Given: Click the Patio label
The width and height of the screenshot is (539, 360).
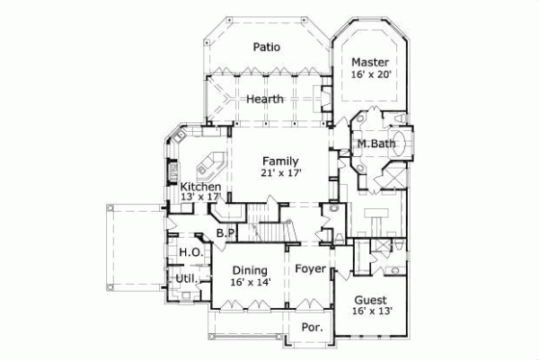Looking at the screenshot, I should (266, 47).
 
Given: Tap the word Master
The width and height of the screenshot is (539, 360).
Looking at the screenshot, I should (370, 62).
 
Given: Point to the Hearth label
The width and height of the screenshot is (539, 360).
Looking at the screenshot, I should (266, 99).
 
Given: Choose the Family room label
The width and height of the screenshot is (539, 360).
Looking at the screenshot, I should (280, 160).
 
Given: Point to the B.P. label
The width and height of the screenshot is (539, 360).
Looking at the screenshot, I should (225, 233).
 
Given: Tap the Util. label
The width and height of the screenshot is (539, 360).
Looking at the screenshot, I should (186, 279).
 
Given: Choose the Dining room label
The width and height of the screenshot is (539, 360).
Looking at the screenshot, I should (251, 269).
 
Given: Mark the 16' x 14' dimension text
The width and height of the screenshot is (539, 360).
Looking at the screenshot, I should (251, 282).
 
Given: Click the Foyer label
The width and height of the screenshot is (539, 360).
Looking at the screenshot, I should (309, 268).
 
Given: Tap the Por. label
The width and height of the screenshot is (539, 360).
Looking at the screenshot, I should (312, 328).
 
